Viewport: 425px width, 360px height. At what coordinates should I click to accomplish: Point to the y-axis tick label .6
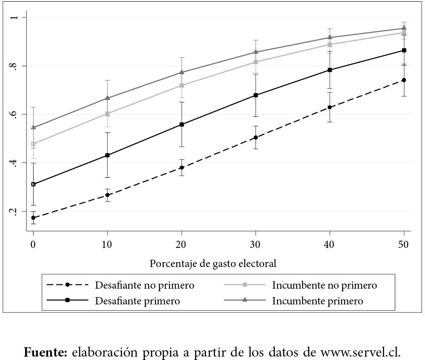pyautogui.click(x=15, y=114)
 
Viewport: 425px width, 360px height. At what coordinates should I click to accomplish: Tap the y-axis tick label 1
pyautogui.click(x=15, y=17)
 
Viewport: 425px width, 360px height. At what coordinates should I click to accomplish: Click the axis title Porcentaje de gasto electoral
pyautogui.click(x=213, y=264)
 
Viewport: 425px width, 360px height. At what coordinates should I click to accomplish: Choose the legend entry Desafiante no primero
pyautogui.click(x=144, y=285)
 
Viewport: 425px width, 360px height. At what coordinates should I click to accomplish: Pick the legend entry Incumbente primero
pyautogui.click(x=317, y=301)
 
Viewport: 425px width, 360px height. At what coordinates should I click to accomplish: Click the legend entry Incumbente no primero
pyautogui.click(x=324, y=285)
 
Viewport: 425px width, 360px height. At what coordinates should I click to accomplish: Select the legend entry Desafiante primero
pyautogui.click(x=137, y=301)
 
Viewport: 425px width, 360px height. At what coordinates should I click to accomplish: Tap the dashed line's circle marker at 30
pyautogui.click(x=256, y=138)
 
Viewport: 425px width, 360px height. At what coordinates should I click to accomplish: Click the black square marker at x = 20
pyautogui.click(x=182, y=124)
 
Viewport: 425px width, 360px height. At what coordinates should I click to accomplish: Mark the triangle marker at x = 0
pyautogui.click(x=33, y=127)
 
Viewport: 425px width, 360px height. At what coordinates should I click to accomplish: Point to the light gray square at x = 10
pyautogui.click(x=108, y=114)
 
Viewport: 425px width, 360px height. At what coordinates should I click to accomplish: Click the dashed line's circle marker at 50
pyautogui.click(x=404, y=80)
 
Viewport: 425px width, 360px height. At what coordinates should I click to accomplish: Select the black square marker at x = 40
pyautogui.click(x=330, y=70)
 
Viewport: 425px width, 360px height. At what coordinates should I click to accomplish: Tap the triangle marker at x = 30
pyautogui.click(x=256, y=52)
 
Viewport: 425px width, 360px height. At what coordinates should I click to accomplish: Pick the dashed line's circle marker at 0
pyautogui.click(x=33, y=218)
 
